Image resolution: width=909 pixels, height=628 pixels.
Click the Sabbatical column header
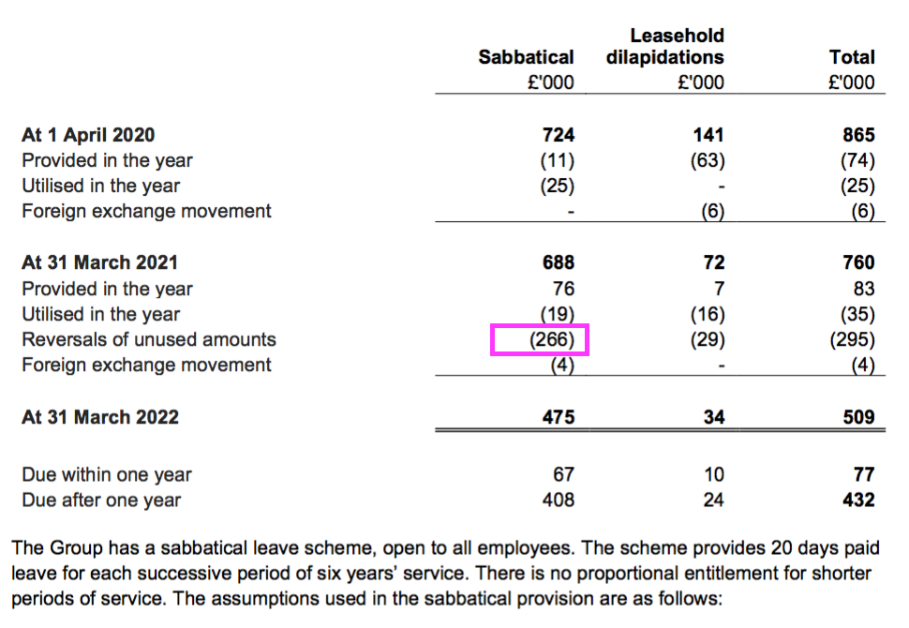click(x=526, y=57)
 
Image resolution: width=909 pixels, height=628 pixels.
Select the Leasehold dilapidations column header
click(x=665, y=46)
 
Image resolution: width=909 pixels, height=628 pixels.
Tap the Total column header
click(x=852, y=57)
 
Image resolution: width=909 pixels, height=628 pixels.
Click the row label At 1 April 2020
click(x=88, y=135)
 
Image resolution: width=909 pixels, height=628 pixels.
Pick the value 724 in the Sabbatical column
click(x=559, y=135)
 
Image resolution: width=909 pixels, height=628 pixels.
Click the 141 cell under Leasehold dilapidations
click(x=708, y=135)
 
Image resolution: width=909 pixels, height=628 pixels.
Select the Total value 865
click(x=858, y=135)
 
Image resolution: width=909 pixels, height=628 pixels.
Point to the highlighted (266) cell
click(x=540, y=339)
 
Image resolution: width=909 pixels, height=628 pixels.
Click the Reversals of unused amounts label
click(x=149, y=339)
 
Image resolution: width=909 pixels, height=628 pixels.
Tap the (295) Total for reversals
click(x=852, y=339)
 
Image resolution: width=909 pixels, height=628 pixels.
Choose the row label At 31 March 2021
click(x=99, y=262)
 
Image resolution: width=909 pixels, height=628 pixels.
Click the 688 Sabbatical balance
click(x=559, y=262)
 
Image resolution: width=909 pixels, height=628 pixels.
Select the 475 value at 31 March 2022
click(x=559, y=417)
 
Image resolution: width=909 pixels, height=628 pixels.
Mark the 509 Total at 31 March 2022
click(x=858, y=417)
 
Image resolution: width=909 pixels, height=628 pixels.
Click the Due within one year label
click(x=107, y=474)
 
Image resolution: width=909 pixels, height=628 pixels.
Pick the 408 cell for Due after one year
click(x=559, y=500)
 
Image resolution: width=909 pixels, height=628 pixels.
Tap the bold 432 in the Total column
click(x=858, y=500)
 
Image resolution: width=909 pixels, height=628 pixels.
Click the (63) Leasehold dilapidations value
click(x=708, y=160)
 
